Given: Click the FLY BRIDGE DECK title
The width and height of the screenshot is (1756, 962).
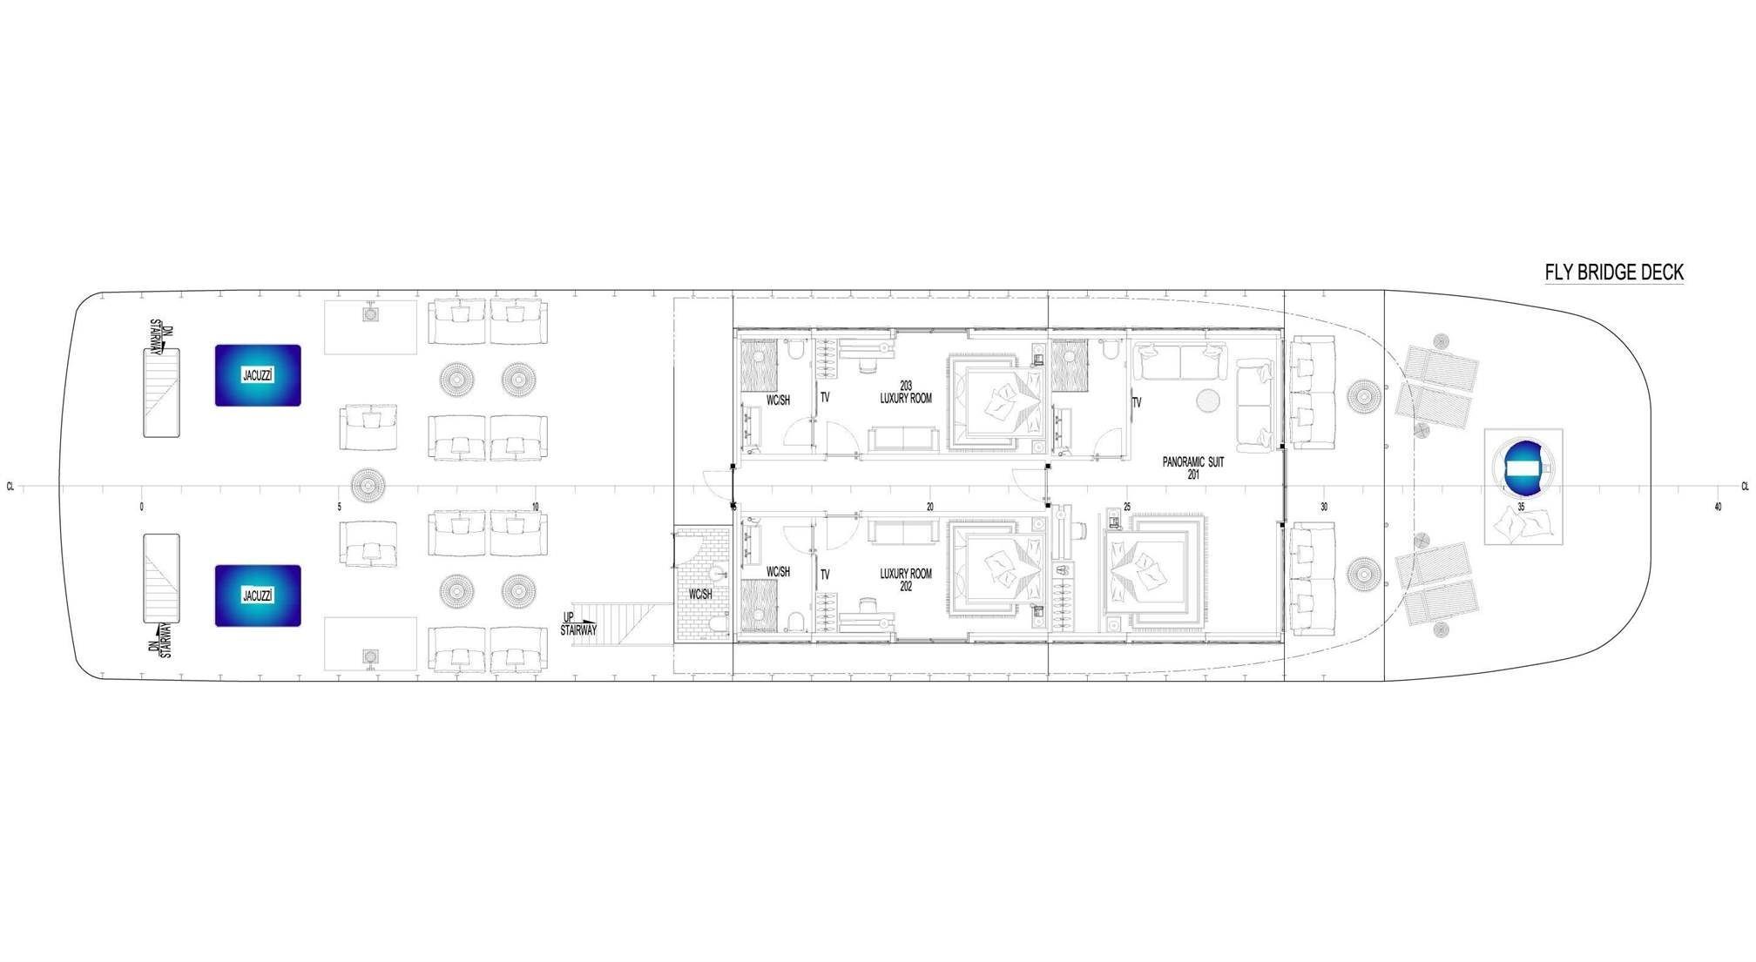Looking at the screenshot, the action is click(1614, 272).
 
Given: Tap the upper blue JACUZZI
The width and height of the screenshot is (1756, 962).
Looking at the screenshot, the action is click(258, 375).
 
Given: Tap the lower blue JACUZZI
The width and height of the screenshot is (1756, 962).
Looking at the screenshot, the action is click(258, 596).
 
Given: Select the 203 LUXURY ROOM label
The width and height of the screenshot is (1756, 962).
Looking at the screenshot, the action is click(906, 391).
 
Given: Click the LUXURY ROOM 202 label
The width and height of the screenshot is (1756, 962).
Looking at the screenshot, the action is click(906, 580).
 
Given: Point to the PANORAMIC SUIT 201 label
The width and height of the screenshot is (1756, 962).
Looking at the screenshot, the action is click(1193, 468).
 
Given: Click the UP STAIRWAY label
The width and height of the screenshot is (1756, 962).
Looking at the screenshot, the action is click(578, 623).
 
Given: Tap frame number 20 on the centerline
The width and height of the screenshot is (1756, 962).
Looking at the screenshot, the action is click(930, 507).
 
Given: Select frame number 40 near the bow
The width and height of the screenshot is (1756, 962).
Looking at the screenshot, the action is click(1718, 507).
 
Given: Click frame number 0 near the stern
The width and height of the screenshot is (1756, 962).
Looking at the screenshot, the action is click(141, 507).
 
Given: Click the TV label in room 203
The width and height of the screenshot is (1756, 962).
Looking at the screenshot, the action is click(825, 397).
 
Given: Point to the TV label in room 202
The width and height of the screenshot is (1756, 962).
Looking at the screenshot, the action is click(825, 575).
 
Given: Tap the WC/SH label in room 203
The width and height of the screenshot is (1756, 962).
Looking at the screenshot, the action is click(778, 400).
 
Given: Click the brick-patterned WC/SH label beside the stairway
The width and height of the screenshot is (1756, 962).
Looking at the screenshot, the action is click(700, 595).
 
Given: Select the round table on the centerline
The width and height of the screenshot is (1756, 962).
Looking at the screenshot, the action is click(368, 484).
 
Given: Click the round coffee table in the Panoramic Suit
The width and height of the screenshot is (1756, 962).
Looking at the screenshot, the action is click(1207, 400).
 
